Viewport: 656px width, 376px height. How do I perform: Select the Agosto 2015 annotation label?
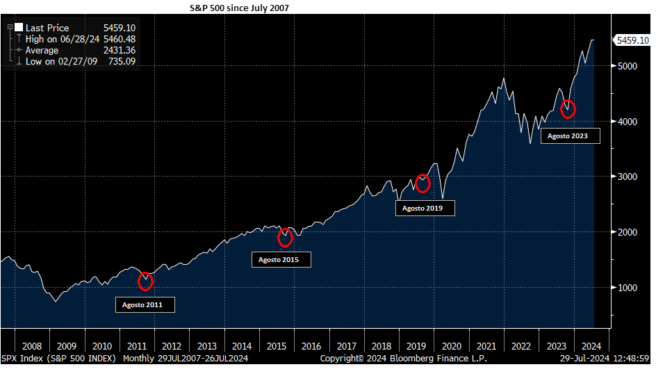(281, 259)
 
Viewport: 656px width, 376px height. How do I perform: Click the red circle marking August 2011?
(145, 281)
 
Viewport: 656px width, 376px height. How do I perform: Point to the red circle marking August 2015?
(285, 238)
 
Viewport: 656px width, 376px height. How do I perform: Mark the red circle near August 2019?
(423, 183)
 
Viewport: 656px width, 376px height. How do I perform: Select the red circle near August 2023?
(568, 109)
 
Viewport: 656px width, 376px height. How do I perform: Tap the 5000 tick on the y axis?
(626, 66)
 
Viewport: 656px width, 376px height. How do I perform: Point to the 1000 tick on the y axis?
(626, 288)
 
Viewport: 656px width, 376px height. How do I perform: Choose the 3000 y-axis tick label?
(626, 177)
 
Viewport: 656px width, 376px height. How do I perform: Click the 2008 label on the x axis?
(32, 346)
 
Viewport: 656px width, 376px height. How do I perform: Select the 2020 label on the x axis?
(452, 346)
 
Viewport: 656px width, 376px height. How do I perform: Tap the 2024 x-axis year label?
(591, 346)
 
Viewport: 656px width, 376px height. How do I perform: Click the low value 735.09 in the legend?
(122, 62)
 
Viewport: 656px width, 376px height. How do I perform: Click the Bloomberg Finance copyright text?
(403, 359)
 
